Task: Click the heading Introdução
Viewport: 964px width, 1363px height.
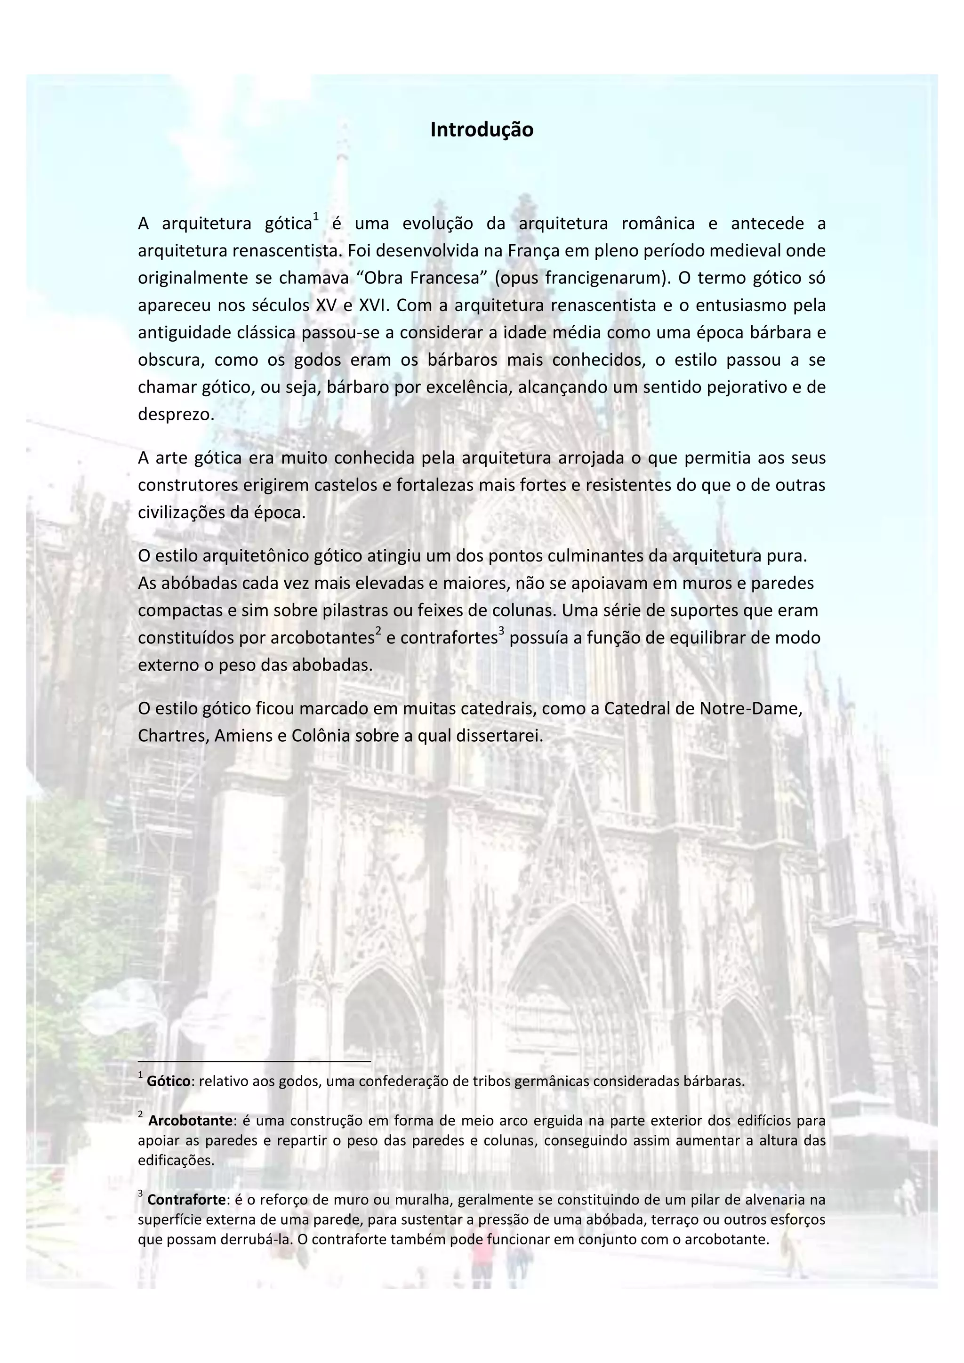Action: (482, 129)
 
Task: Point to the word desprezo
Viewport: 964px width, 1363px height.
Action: (176, 414)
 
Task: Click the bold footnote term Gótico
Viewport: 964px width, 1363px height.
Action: (169, 1081)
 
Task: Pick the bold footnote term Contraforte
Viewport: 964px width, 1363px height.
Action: (186, 1199)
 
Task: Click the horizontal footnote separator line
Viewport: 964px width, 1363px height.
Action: (254, 1061)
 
